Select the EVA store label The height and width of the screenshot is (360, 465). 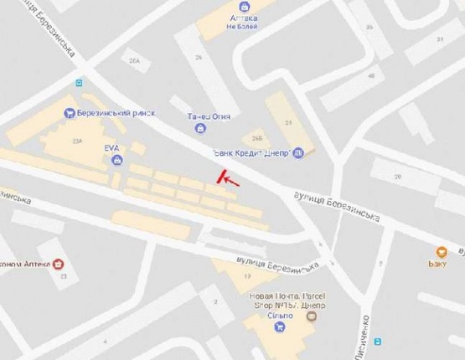pos(112,147)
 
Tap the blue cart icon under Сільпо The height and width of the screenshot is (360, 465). pos(279,327)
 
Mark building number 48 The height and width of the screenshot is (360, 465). pos(370,75)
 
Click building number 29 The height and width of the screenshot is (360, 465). pos(398,177)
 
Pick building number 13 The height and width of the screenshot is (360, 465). pos(246,277)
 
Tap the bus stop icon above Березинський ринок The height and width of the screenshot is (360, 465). pos(78,83)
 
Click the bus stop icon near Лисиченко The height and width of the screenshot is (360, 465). pos(377,341)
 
